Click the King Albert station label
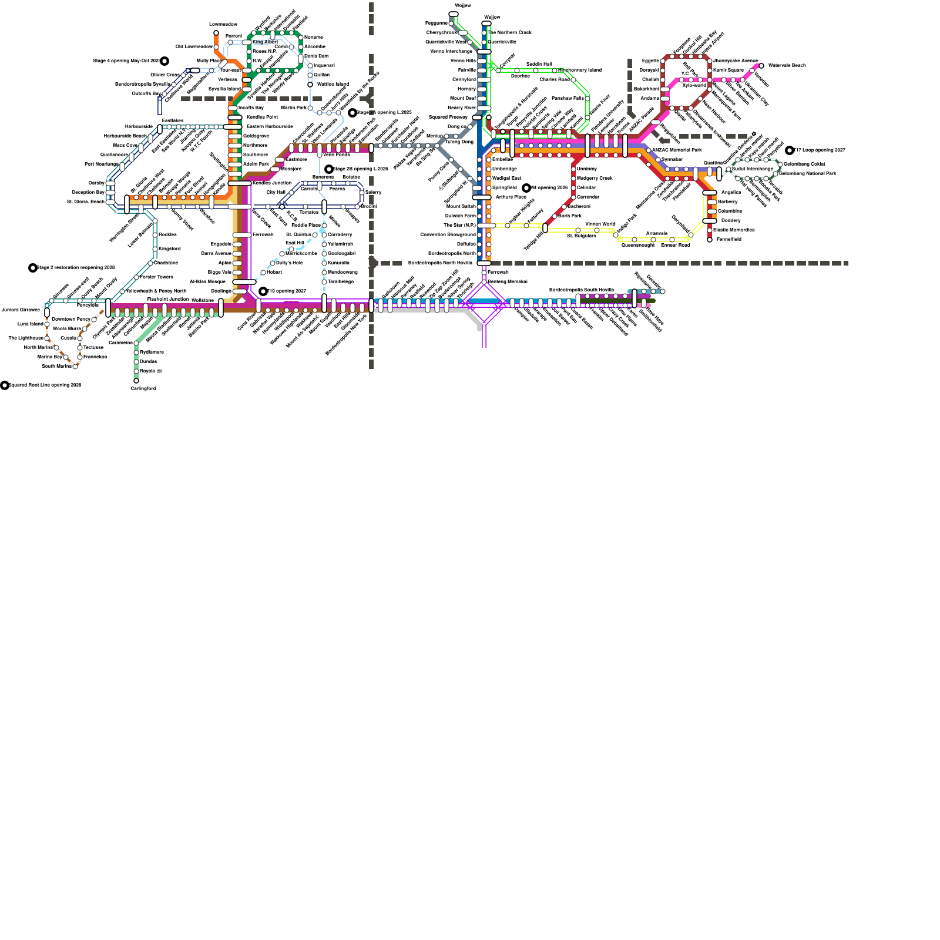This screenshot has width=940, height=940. click(x=265, y=42)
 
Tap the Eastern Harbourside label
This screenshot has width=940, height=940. click(x=269, y=127)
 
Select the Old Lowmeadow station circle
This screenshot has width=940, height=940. click(x=216, y=47)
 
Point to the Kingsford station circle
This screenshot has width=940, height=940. click(x=155, y=249)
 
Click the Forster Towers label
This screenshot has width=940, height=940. click(x=156, y=277)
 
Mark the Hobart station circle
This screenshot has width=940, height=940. click(x=263, y=273)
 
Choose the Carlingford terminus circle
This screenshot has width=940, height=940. click(x=136, y=381)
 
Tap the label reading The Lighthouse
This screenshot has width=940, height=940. click(x=26, y=338)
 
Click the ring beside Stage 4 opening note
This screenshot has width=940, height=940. click(x=164, y=61)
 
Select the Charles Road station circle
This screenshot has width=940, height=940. click(x=573, y=80)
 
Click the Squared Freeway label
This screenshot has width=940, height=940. click(x=448, y=117)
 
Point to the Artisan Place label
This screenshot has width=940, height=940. click(x=511, y=197)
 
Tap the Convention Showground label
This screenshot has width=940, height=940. click(x=448, y=235)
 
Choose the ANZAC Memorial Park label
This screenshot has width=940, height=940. click(x=676, y=150)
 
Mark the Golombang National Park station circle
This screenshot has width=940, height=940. click(x=775, y=174)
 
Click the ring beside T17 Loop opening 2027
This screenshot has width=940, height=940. click(x=790, y=150)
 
